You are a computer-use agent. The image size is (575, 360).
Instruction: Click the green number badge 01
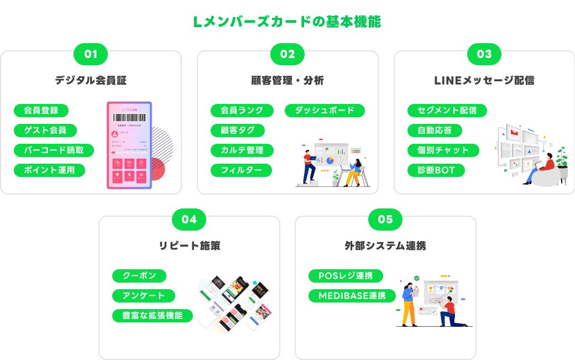(x=91, y=54)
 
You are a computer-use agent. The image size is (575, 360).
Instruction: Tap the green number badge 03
(x=484, y=54)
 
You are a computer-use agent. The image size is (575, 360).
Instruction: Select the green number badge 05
(x=385, y=220)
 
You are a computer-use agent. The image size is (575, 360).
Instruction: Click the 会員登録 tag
(x=41, y=110)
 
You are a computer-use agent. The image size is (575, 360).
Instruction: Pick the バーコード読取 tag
(x=54, y=150)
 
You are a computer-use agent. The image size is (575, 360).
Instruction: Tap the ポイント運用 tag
(x=49, y=170)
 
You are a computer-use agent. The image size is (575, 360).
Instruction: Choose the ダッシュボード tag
(x=325, y=110)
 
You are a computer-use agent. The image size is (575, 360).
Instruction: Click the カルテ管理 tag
(x=242, y=150)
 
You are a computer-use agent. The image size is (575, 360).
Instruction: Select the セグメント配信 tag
(x=447, y=110)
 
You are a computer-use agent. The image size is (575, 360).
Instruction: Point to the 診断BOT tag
(x=436, y=170)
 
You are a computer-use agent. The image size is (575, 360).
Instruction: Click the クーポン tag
(x=139, y=275)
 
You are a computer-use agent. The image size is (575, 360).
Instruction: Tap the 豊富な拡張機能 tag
(x=153, y=315)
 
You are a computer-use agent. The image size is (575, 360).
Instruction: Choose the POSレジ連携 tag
(x=346, y=275)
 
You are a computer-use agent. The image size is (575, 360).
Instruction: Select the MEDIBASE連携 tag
(x=352, y=295)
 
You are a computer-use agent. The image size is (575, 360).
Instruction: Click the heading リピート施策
(x=189, y=246)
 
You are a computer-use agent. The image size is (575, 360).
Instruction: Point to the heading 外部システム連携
(x=385, y=246)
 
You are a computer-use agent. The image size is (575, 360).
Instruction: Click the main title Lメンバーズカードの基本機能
(x=287, y=22)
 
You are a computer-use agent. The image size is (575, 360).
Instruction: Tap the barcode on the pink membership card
(x=129, y=118)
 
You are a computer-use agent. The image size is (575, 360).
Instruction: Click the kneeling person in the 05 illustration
(x=449, y=312)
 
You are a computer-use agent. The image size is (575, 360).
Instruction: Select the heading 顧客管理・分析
(x=287, y=81)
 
